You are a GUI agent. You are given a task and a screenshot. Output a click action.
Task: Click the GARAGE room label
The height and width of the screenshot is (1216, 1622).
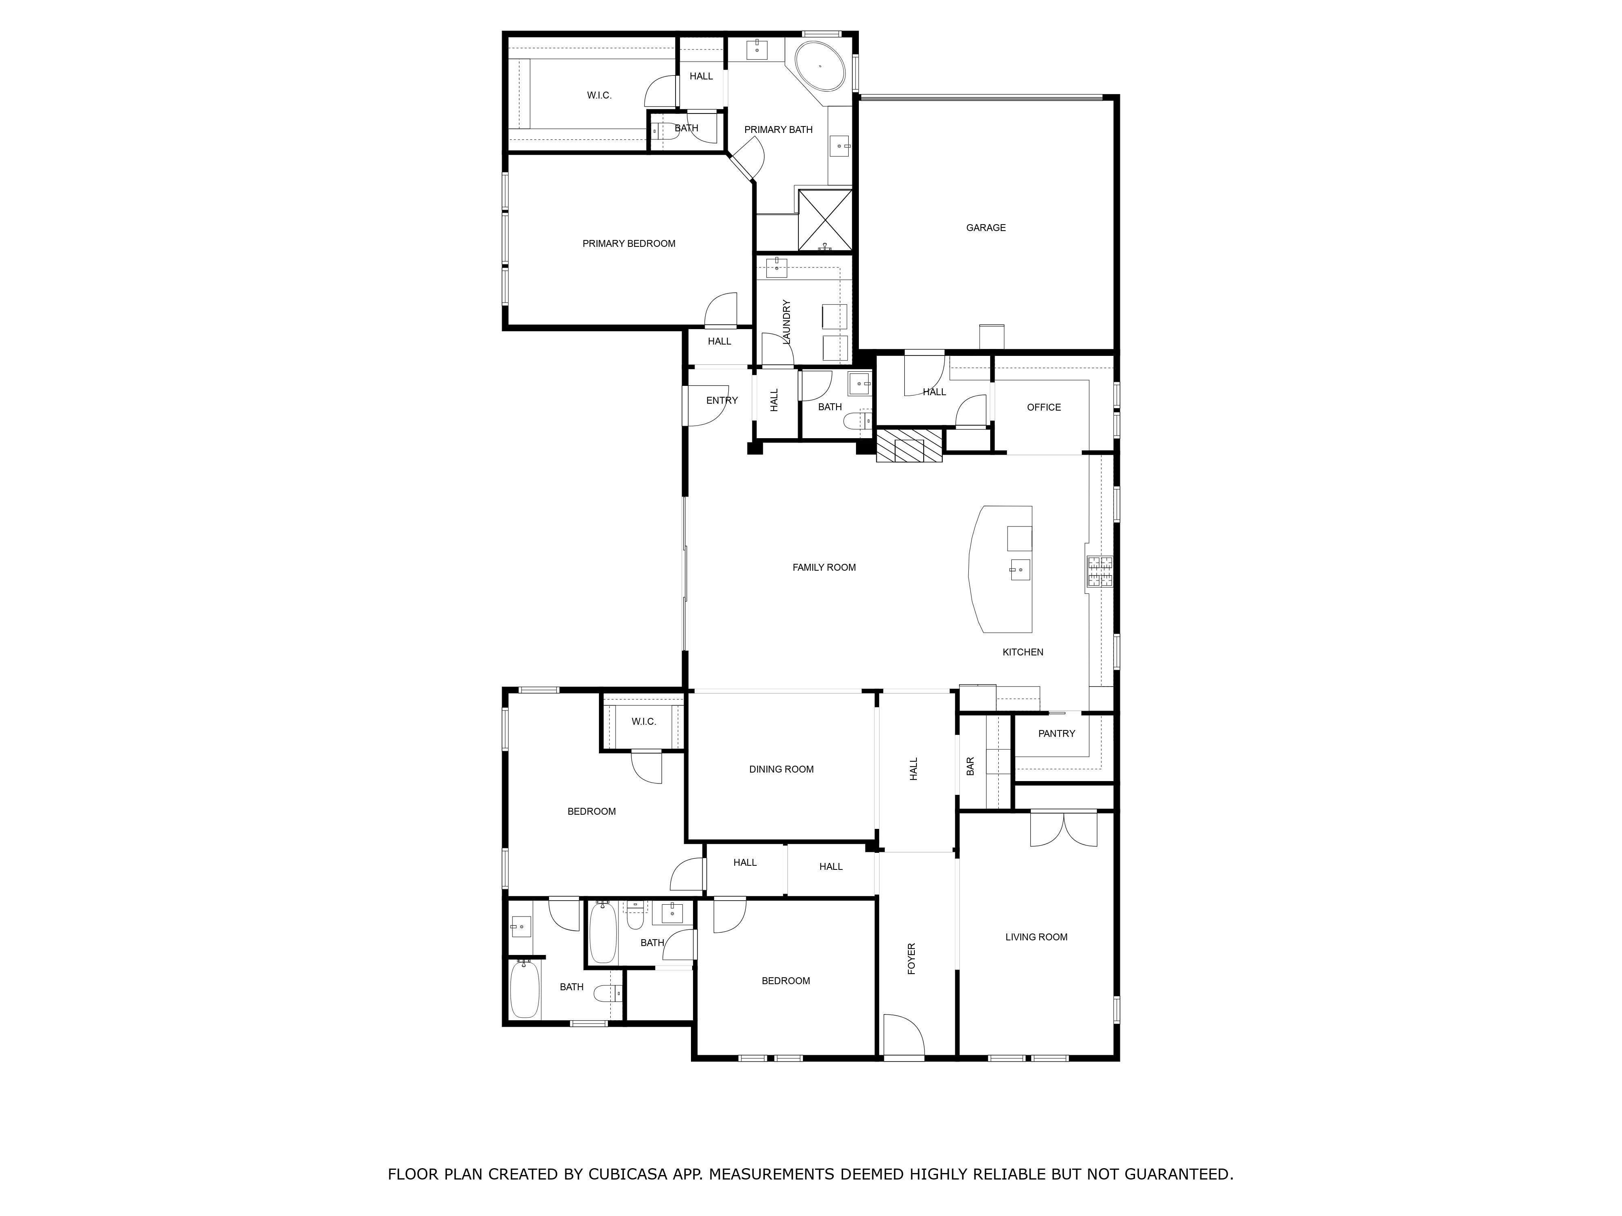pyautogui.click(x=985, y=228)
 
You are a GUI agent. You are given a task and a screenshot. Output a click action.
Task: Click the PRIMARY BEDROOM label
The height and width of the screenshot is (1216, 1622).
pyautogui.click(x=629, y=244)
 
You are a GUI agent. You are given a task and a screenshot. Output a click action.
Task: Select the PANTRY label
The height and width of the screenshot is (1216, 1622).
pyautogui.click(x=1056, y=734)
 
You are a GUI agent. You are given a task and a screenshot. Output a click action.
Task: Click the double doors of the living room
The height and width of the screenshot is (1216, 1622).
pyautogui.click(x=1063, y=829)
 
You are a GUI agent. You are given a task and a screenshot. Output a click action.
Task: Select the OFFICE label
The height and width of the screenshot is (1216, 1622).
pyautogui.click(x=1043, y=407)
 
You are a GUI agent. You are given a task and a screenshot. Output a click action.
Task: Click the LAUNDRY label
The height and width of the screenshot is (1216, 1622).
pyautogui.click(x=787, y=323)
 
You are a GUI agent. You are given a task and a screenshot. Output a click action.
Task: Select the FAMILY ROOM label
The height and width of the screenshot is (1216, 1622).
pyautogui.click(x=824, y=567)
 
